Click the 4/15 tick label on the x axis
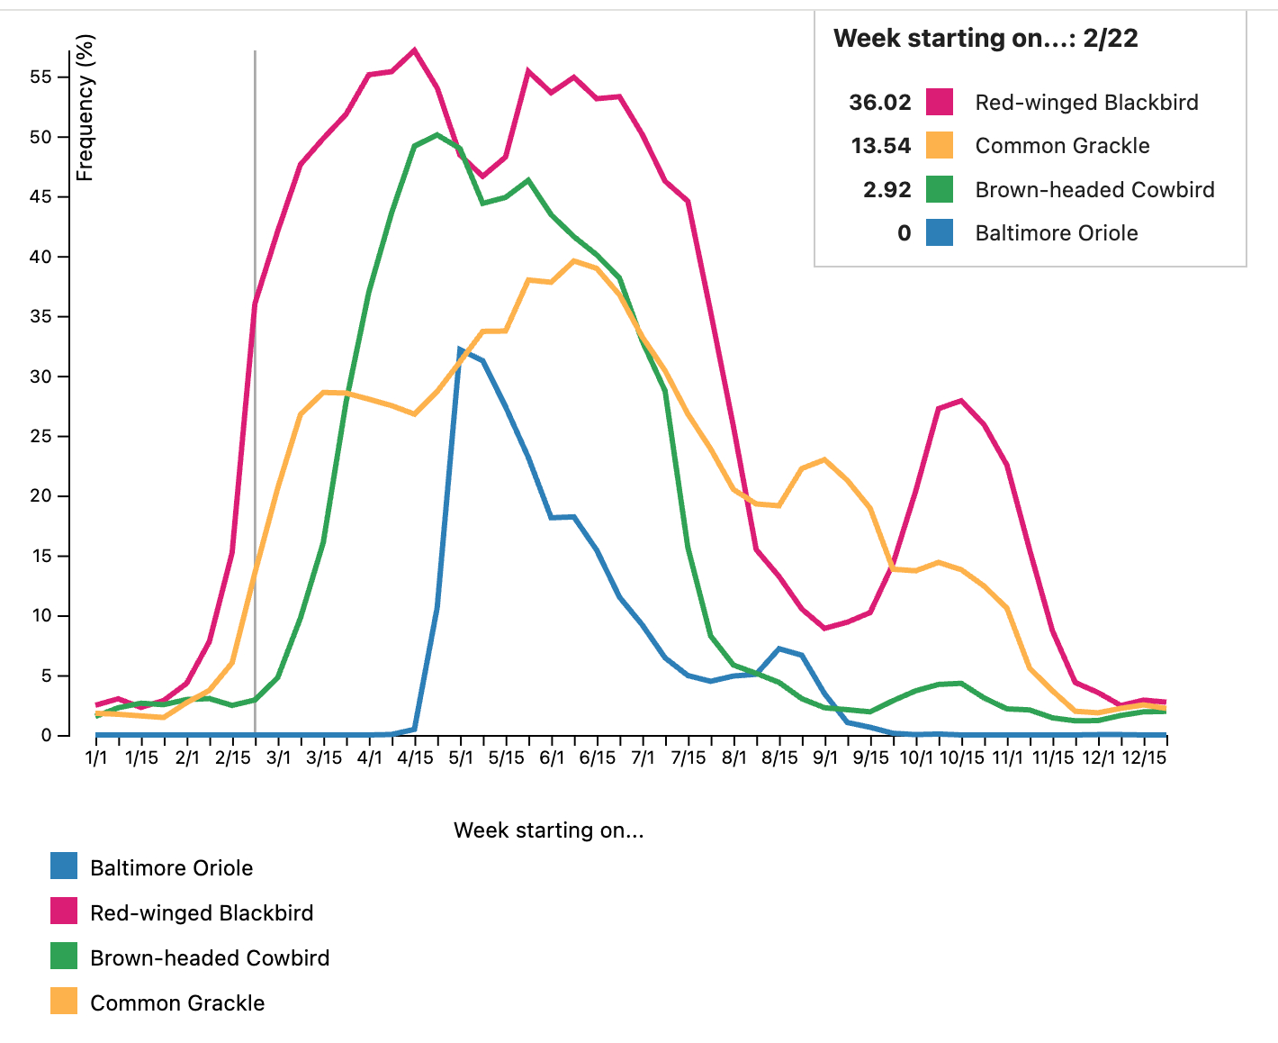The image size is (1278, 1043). click(415, 757)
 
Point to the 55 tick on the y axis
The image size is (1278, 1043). click(41, 77)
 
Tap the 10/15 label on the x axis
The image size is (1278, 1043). click(962, 757)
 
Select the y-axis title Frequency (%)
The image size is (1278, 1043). click(85, 108)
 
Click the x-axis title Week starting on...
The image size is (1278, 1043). click(548, 830)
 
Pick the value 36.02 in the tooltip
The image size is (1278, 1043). click(880, 103)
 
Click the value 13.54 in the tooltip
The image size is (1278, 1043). click(881, 146)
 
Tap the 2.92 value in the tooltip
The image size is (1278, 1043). click(887, 190)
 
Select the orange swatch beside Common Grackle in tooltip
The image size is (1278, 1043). click(940, 146)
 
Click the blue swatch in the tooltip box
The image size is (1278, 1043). click(940, 233)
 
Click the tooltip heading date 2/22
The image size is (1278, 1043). click(1111, 39)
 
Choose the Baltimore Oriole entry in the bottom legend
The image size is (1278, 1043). click(171, 868)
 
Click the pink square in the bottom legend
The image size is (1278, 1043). click(64, 912)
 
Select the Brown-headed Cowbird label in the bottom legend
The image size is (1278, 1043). click(210, 958)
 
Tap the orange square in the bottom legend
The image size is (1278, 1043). click(64, 1002)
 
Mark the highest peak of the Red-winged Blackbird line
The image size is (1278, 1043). click(414, 50)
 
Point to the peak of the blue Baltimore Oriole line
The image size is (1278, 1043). click(460, 349)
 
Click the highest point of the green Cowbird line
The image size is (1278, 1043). click(436, 135)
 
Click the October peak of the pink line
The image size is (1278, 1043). click(961, 400)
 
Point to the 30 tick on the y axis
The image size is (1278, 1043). click(41, 376)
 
